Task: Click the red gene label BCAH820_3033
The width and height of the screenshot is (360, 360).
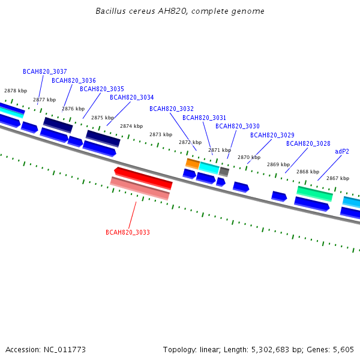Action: [128, 232]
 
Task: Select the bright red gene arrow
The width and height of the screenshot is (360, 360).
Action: [143, 178]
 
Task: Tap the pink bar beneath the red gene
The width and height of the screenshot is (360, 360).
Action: [140, 188]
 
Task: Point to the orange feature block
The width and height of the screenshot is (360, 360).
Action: [193, 164]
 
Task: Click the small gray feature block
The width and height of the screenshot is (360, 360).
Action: [224, 172]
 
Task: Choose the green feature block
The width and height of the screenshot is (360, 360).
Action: [314, 194]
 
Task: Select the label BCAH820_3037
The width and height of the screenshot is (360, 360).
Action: [45, 71]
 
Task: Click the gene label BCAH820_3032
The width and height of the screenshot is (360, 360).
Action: [172, 109]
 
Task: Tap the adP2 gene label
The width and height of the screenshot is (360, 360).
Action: [342, 152]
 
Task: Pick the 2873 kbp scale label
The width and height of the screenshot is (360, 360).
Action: [161, 134]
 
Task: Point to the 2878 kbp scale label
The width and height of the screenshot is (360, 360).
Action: [16, 91]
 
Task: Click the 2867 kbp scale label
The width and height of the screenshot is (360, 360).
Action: [338, 178]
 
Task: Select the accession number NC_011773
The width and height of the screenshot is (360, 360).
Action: [65, 350]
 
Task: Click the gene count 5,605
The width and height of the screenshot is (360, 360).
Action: [343, 350]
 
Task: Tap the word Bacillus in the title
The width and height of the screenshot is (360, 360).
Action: [110, 11]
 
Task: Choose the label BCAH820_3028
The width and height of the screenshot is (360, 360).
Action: [308, 143]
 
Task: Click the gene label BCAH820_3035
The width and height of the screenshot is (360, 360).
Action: [102, 89]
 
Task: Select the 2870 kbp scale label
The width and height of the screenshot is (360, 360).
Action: [249, 157]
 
